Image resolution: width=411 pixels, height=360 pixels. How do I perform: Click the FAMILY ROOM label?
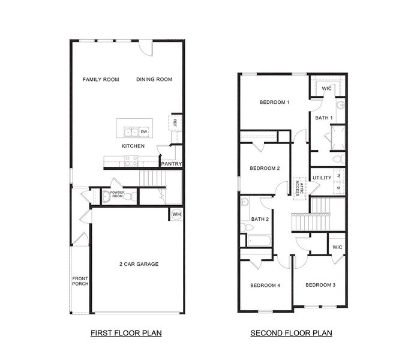click(x=101, y=79)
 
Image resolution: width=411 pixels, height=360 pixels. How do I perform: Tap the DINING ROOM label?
click(x=154, y=79)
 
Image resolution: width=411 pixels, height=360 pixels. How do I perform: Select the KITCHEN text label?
click(x=133, y=146)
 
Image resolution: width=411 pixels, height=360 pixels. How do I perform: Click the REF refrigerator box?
click(x=175, y=122)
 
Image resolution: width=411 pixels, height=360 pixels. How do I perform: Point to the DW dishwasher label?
click(x=144, y=131)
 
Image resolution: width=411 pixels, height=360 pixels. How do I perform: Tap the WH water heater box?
click(x=176, y=214)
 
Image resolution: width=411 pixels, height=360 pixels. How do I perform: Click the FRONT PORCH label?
click(x=80, y=281)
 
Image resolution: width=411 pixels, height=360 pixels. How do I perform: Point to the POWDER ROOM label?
click(x=116, y=194)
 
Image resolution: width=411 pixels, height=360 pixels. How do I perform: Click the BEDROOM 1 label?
click(x=274, y=102)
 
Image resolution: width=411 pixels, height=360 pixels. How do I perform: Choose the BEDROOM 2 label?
click(x=265, y=168)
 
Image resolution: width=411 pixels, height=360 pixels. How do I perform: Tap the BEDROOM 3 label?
click(x=320, y=284)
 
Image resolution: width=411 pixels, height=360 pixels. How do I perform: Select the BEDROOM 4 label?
click(x=265, y=285)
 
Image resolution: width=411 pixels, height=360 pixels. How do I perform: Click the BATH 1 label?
click(x=324, y=118)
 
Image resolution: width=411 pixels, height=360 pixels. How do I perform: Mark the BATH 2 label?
click(x=259, y=219)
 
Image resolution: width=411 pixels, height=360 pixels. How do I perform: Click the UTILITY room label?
click(x=322, y=178)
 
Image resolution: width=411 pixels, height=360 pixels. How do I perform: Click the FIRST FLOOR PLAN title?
click(x=126, y=332)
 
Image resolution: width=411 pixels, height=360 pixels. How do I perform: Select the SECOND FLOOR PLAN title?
click(x=291, y=332)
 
